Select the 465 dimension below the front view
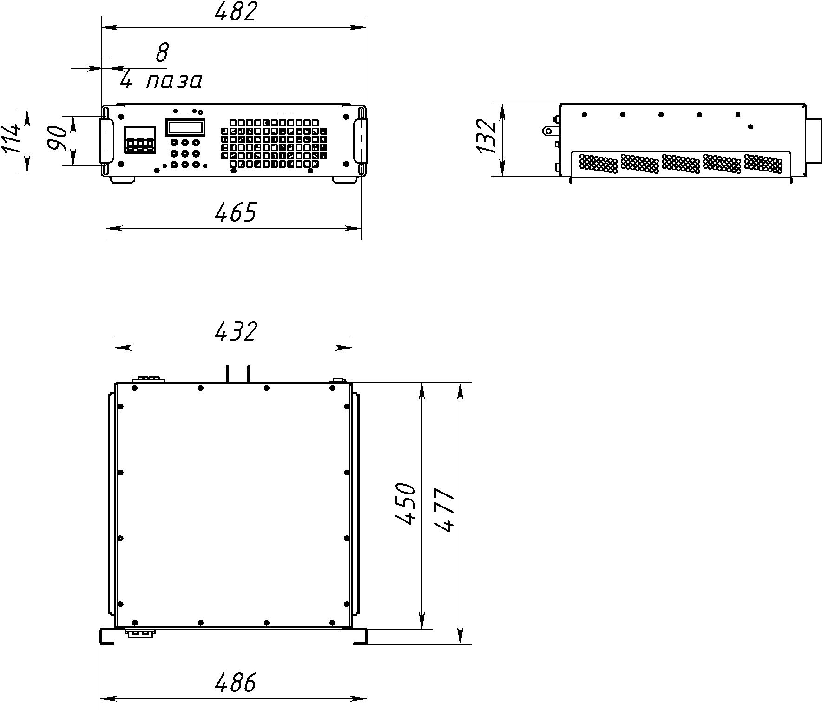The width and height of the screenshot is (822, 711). (236, 212)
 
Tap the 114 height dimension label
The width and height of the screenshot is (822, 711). (11, 138)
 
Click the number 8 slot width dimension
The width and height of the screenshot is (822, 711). (162, 53)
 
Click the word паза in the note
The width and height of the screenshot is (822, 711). (175, 81)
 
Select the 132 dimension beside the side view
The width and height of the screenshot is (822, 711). (486, 137)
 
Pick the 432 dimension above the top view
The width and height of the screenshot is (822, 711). (236, 331)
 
